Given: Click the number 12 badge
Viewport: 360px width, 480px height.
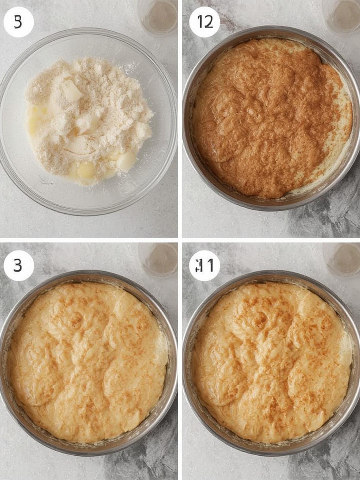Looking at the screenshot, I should (x=204, y=22).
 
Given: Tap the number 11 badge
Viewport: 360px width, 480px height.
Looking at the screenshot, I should (x=204, y=265).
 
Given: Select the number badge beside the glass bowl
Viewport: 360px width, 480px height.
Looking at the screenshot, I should (x=18, y=22).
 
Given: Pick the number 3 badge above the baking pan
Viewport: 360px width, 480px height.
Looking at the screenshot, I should (x=18, y=265).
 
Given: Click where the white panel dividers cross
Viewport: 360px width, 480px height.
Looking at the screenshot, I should (x=180, y=240).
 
